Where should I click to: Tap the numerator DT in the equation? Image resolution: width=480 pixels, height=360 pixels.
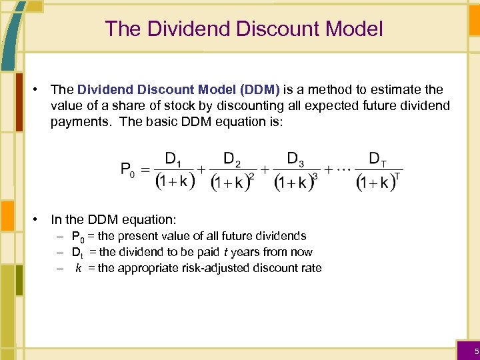[377, 159]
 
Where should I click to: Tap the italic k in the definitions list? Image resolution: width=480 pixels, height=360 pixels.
[78, 268]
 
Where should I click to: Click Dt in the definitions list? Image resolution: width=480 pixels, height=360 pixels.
[77, 253]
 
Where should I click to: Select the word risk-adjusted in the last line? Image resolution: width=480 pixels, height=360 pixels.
[217, 268]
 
